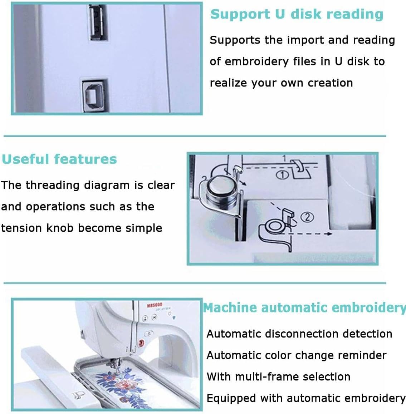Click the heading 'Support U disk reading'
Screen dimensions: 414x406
pos(297,14)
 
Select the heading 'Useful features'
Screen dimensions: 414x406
pos(59,159)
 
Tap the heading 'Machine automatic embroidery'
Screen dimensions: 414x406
pos(304,307)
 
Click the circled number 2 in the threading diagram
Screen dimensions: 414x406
pos(308,217)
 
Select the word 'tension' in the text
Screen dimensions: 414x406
pos(22,228)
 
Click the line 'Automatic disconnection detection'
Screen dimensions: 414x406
pos(299,334)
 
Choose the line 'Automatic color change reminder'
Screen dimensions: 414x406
pos(296,355)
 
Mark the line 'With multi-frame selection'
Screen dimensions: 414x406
pos(278,376)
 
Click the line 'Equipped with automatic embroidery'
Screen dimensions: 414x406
pos(306,398)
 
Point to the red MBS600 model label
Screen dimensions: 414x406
pos(155,305)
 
